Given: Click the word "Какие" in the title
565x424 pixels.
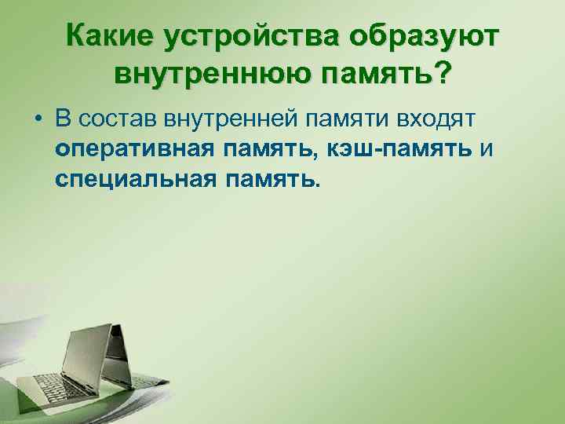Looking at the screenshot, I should pyautogui.click(x=110, y=36).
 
